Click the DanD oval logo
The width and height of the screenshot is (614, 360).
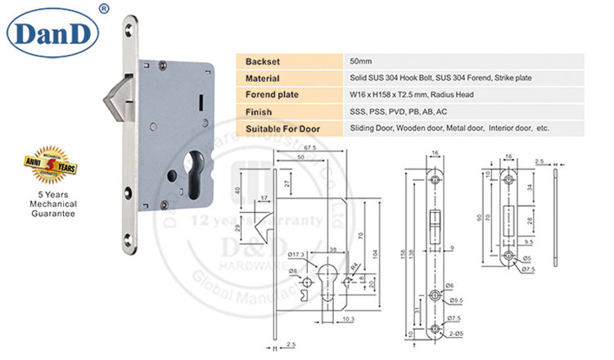tap(52, 32)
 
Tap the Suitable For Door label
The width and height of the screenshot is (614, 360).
tap(281, 128)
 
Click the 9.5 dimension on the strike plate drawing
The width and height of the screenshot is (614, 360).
tap(530, 243)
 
